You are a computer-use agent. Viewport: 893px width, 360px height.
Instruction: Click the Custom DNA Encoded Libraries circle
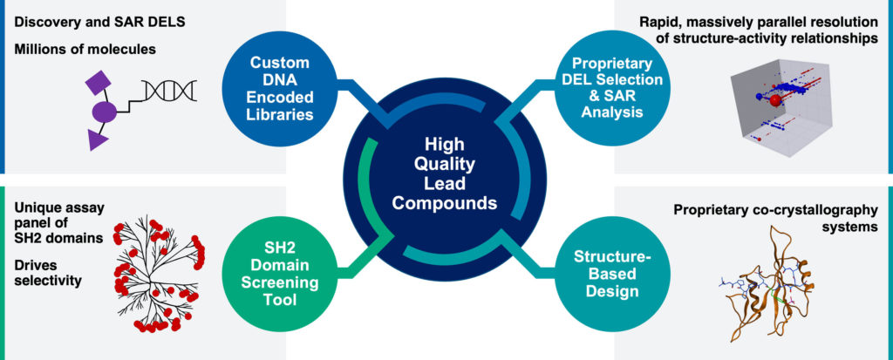[x=276, y=88]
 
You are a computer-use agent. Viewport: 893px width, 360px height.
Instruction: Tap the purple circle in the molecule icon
[x=105, y=112]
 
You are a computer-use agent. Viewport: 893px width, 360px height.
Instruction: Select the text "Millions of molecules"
[x=85, y=49]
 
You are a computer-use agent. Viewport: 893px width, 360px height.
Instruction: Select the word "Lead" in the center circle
[x=446, y=184]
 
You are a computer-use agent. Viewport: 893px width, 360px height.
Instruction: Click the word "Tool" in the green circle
[x=276, y=301]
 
